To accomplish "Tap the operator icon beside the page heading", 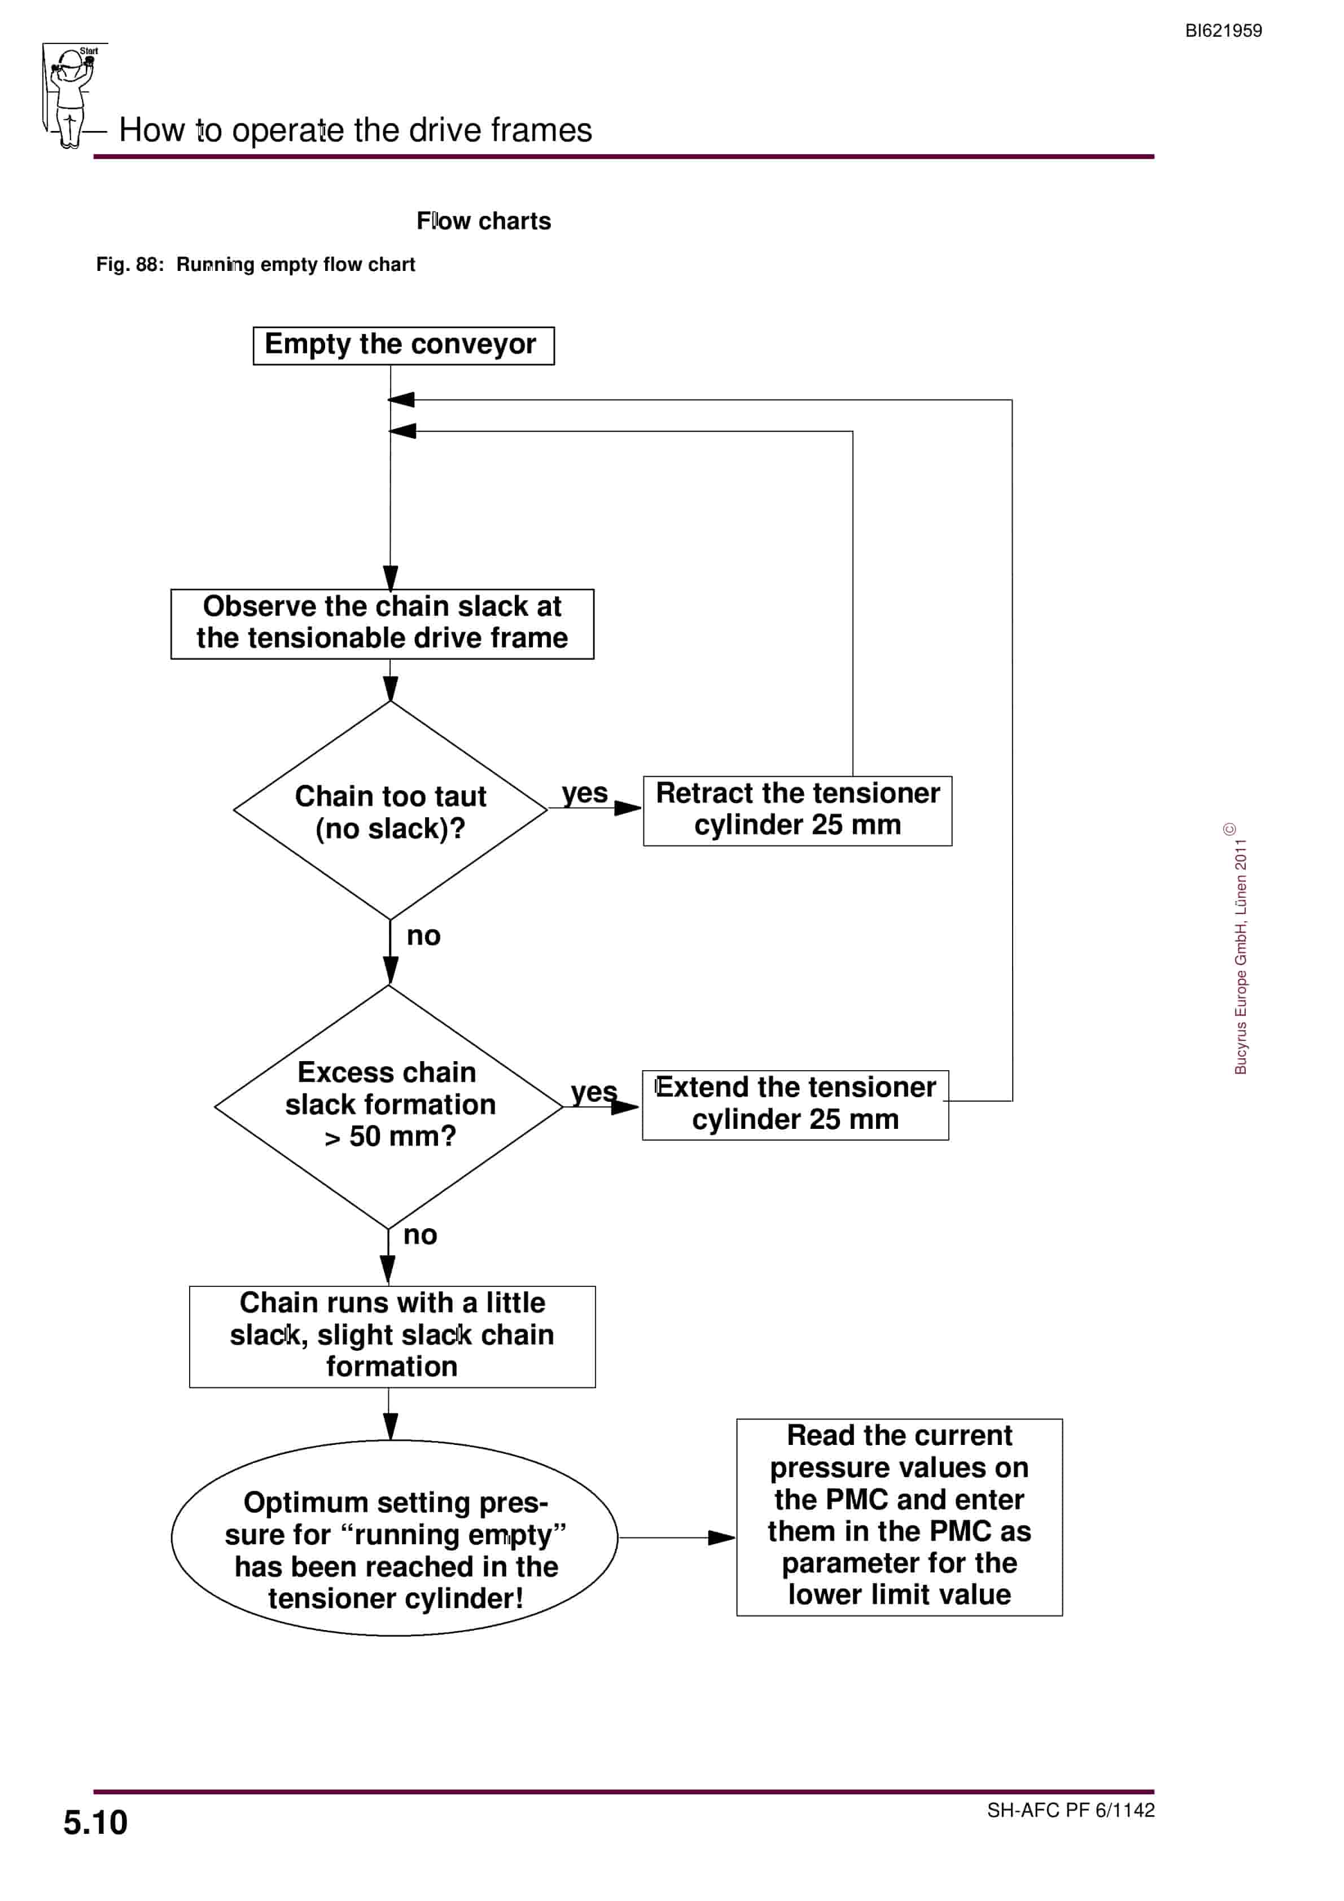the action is click(73, 96).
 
